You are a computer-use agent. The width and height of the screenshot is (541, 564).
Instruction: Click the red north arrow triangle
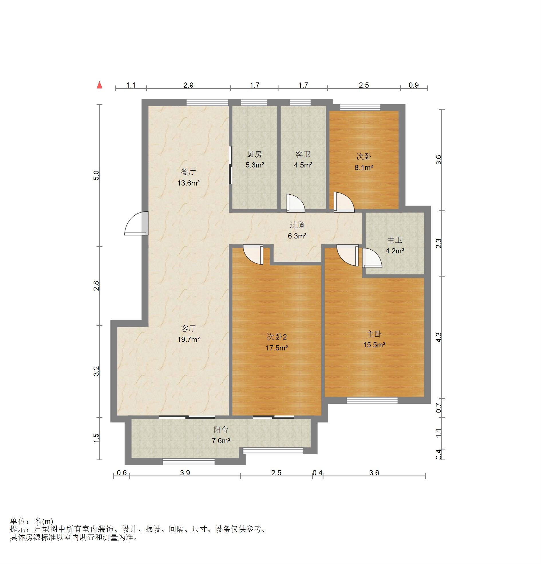[99, 85]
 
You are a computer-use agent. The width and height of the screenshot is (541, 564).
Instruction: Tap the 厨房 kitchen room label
[254, 154]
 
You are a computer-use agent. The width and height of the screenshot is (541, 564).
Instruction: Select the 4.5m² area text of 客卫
[303, 165]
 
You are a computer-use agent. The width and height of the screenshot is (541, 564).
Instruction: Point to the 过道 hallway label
[297, 225]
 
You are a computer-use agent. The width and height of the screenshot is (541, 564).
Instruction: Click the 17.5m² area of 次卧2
[277, 348]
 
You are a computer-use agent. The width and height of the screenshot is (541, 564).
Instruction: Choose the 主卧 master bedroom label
[374, 334]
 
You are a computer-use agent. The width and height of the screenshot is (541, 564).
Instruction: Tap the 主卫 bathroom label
[394, 240]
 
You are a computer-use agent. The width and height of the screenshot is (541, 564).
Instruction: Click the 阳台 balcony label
[221, 430]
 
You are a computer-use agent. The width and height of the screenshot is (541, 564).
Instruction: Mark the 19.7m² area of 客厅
[188, 339]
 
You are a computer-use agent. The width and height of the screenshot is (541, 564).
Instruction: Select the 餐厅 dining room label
[188, 172]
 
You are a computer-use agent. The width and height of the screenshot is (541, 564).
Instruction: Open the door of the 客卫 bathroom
[295, 204]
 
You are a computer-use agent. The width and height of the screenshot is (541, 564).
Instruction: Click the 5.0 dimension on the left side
[96, 175]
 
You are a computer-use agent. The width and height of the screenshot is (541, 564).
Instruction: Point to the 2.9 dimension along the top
[188, 85]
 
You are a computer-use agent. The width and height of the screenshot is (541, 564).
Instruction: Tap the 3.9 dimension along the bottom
[185, 473]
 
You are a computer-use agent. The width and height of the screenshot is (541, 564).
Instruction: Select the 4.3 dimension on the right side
[438, 337]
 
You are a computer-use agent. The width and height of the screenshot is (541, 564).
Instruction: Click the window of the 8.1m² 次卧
[360, 107]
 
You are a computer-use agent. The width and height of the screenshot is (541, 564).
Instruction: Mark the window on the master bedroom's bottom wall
[372, 400]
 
